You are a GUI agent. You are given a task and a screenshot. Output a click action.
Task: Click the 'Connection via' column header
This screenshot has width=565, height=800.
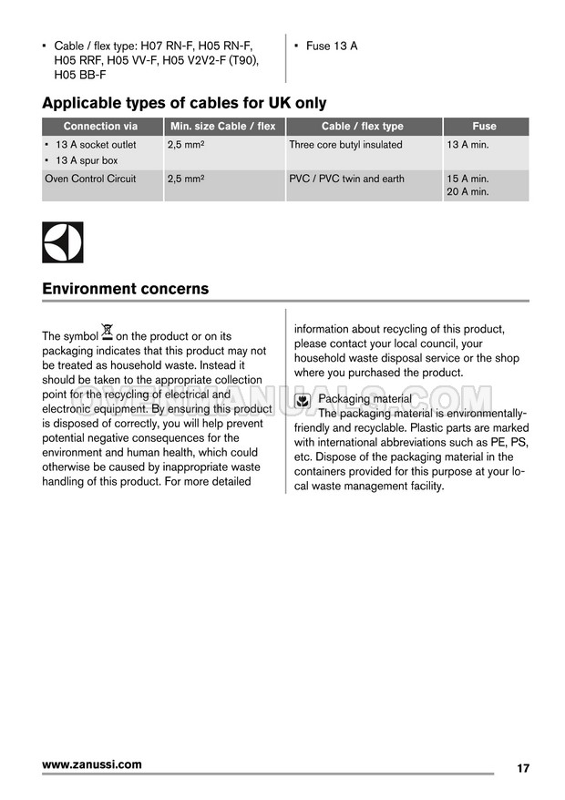(x=100, y=127)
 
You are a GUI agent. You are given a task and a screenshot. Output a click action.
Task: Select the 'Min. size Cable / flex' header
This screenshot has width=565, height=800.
(x=222, y=127)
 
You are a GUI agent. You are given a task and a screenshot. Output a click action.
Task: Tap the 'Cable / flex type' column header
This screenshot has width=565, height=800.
(x=362, y=127)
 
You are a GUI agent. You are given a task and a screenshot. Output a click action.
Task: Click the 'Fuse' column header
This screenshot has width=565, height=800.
(x=484, y=127)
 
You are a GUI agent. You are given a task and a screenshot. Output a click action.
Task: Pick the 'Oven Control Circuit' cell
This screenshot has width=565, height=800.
(x=90, y=179)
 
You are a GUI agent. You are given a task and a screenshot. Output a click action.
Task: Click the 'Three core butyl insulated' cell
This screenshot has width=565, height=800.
(x=345, y=145)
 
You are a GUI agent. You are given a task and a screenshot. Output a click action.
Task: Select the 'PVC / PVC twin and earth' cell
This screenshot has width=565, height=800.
(x=346, y=179)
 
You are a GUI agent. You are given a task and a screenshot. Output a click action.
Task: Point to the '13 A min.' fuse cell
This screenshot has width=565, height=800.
(x=467, y=145)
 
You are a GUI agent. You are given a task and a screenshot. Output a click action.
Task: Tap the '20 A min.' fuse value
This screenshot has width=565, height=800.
(x=467, y=192)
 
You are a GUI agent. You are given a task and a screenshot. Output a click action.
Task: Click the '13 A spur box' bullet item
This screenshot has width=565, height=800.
(x=87, y=160)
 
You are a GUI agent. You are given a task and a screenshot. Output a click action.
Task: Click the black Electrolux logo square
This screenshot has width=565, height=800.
(x=62, y=242)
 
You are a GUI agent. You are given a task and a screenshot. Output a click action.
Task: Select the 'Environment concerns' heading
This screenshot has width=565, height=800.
(x=125, y=289)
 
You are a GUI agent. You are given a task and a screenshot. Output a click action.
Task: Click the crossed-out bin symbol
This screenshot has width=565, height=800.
(x=108, y=332)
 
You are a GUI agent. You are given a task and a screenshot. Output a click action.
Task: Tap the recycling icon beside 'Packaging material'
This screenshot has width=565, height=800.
(x=303, y=400)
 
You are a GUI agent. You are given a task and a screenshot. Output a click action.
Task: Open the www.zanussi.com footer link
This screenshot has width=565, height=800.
(x=92, y=764)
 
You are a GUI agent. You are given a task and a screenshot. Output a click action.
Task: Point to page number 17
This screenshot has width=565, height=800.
(x=522, y=768)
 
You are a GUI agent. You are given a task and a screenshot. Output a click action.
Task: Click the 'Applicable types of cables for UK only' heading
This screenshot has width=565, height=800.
(x=184, y=103)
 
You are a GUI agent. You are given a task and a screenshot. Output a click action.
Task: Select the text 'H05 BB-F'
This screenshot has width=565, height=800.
(x=80, y=75)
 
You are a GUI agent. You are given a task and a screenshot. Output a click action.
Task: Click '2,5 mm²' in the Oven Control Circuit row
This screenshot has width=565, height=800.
(x=186, y=179)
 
